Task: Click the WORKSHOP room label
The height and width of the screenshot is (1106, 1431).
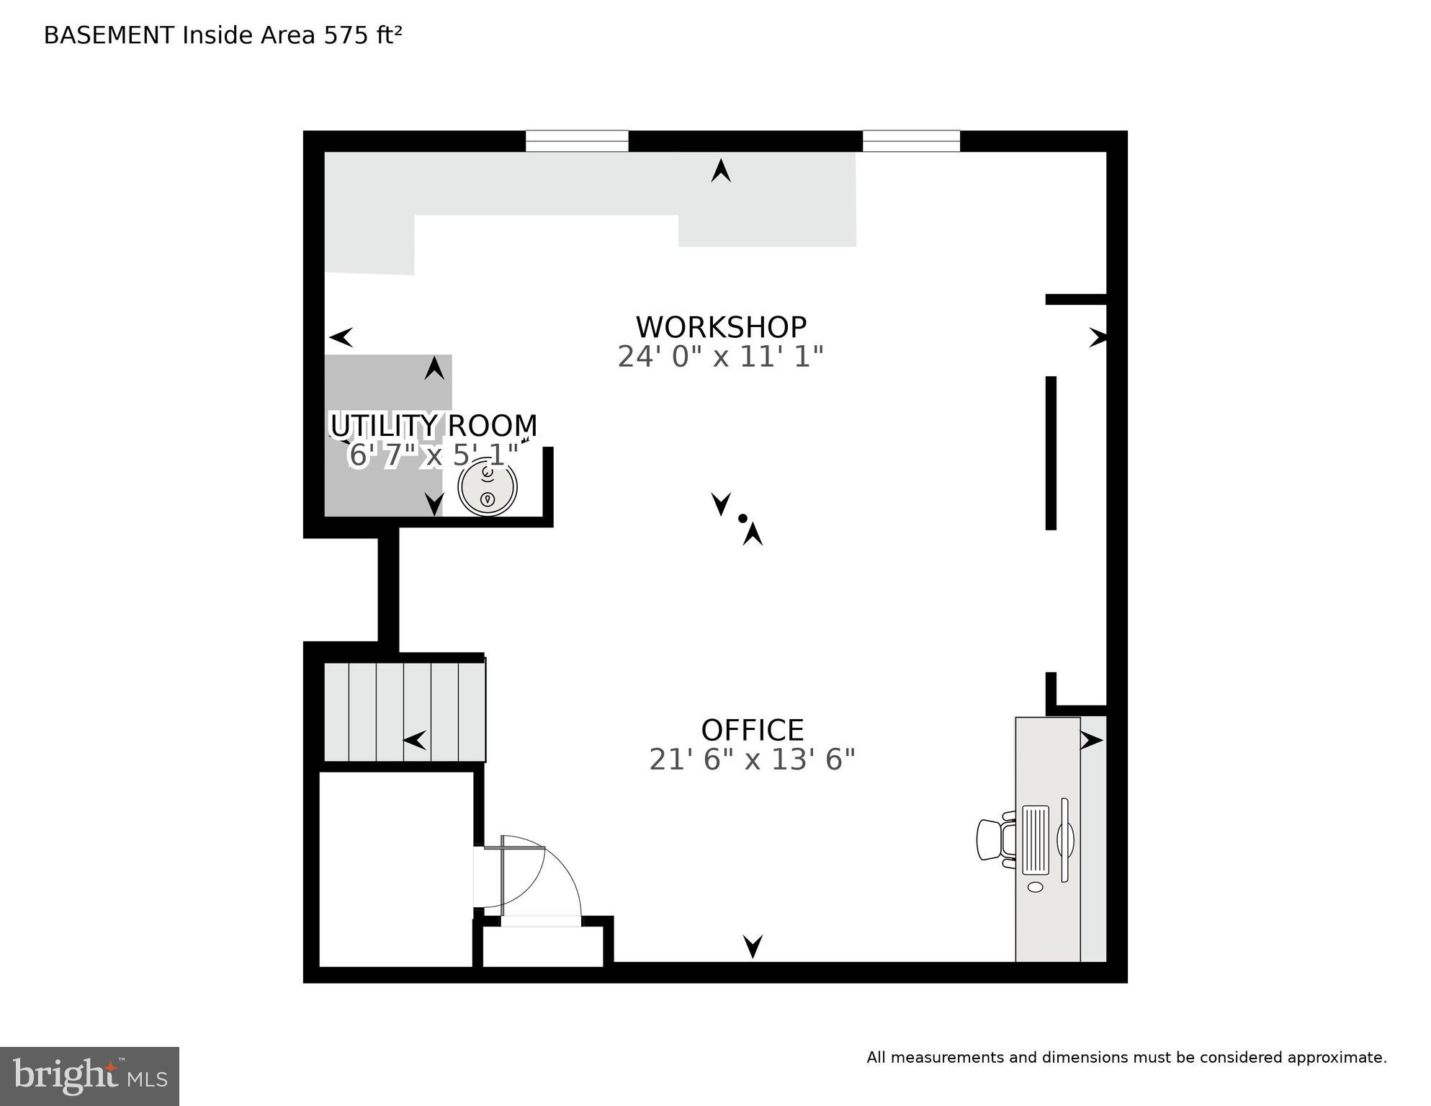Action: click(720, 328)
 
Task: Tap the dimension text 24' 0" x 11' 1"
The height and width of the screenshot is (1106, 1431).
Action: click(720, 357)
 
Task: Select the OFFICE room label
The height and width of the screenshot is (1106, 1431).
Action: click(752, 731)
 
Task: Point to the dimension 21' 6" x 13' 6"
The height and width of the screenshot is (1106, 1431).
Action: click(752, 759)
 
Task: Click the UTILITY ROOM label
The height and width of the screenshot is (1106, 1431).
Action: click(434, 426)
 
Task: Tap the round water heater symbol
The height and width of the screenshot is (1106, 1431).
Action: click(488, 489)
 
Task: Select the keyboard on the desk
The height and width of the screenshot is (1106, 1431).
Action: click(1035, 839)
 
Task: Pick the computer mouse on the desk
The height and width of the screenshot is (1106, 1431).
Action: click(1035, 887)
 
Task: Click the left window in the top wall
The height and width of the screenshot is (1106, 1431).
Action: click(577, 141)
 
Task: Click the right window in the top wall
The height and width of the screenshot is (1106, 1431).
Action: click(911, 141)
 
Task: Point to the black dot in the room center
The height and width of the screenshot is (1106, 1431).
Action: click(743, 518)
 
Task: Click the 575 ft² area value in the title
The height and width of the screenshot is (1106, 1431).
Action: click(362, 35)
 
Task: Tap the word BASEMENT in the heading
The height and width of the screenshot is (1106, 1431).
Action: click(109, 35)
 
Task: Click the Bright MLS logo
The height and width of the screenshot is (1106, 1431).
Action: click(89, 1076)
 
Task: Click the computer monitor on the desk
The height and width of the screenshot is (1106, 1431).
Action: click(1065, 840)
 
